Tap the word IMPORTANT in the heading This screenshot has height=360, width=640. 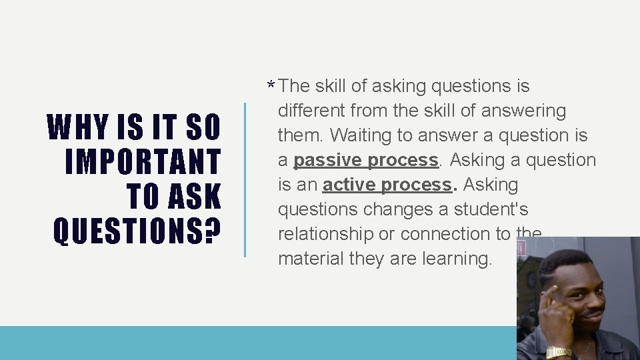click(x=143, y=162)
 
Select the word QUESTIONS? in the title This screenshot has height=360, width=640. click(x=137, y=231)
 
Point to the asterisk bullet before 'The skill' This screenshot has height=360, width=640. click(x=271, y=87)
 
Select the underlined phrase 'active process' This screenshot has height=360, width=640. click(x=387, y=185)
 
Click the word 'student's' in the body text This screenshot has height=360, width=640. click(x=491, y=209)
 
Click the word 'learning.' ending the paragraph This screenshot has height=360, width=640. click(x=457, y=259)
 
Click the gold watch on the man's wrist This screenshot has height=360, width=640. click(x=558, y=351)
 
